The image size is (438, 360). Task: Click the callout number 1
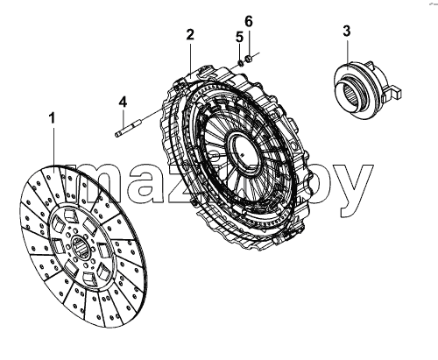pos(52,119)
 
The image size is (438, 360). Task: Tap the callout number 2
pos(190,35)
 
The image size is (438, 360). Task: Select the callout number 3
pos(347,32)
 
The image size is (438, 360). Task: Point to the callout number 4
pos(123,102)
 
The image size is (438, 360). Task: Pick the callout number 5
pos(239,38)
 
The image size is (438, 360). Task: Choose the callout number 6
pos(248,21)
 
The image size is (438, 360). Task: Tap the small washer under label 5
pos(241,62)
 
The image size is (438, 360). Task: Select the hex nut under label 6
pos(249,59)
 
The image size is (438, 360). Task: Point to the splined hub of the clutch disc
pos(81,247)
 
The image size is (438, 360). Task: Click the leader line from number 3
pos(347,53)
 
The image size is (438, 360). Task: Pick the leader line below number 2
pos(190,60)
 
